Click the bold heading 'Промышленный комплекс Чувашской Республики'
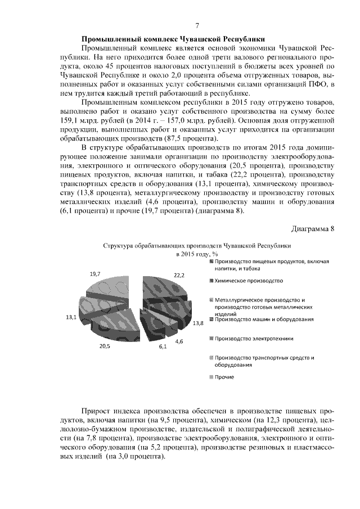173,39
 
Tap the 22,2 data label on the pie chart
179,276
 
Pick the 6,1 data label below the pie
163,346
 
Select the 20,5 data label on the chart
105,345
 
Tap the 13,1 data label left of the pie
71,317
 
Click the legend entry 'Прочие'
224,376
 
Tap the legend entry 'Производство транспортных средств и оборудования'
264,361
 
